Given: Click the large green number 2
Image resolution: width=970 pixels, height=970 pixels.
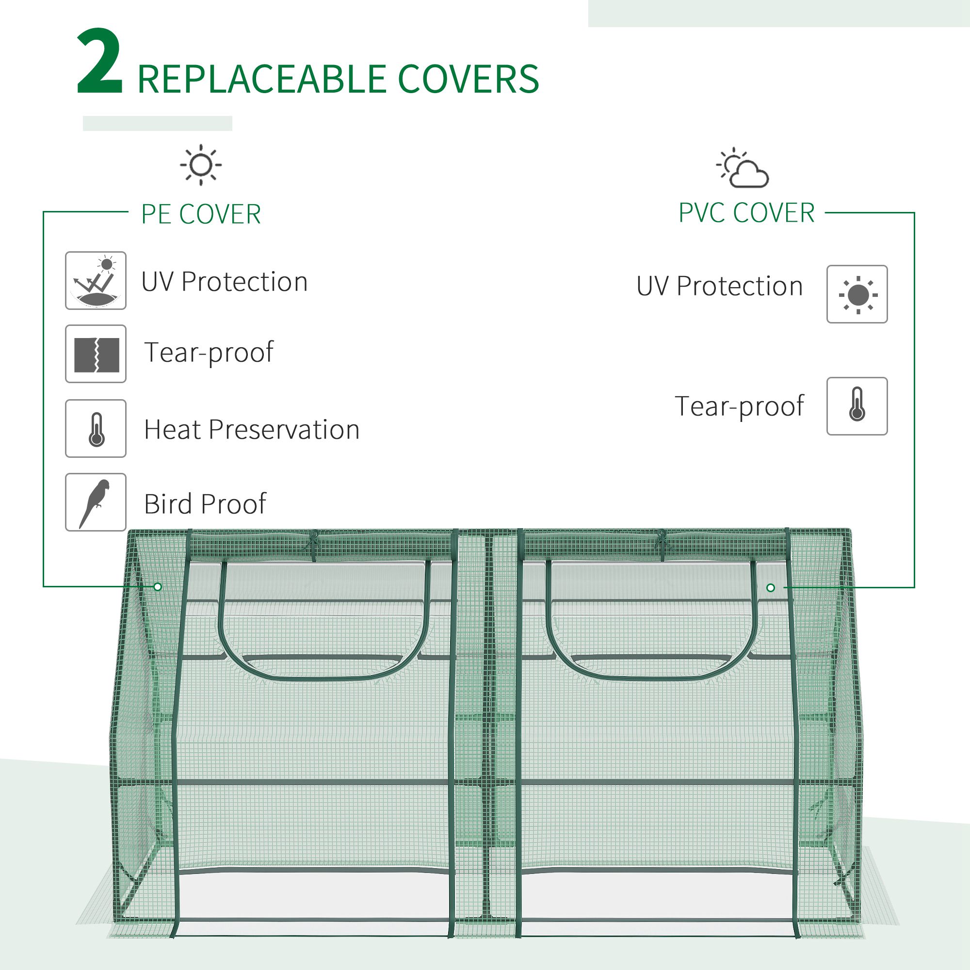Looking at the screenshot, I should pyautogui.click(x=99, y=62).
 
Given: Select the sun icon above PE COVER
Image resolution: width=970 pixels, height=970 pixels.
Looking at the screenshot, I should pyautogui.click(x=201, y=165).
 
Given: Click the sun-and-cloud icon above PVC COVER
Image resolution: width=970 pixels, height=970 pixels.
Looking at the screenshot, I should pyautogui.click(x=744, y=169).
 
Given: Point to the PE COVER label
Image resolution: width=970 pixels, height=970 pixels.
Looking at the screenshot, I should pyautogui.click(x=201, y=214).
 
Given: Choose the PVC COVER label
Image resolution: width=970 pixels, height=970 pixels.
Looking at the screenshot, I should pyautogui.click(x=746, y=213).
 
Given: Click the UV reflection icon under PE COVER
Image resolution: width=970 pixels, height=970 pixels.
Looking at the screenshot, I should pyautogui.click(x=96, y=281).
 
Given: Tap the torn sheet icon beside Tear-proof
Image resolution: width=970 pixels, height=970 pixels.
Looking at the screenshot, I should pyautogui.click(x=96, y=354).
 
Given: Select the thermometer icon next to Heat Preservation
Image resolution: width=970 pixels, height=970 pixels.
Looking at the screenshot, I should pyautogui.click(x=96, y=428).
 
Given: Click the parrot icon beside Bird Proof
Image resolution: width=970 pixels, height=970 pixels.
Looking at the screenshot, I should pyautogui.click(x=96, y=501).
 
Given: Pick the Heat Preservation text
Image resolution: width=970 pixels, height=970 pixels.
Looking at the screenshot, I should pyautogui.click(x=252, y=430).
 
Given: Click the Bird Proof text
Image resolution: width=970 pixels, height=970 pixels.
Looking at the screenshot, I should pyautogui.click(x=205, y=503).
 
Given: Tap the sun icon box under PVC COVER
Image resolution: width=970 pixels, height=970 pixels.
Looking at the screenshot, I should pyautogui.click(x=857, y=294).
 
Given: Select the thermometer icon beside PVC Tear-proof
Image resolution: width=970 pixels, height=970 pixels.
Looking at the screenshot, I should pyautogui.click(x=857, y=406).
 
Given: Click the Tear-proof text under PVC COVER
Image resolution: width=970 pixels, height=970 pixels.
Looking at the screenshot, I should pyautogui.click(x=739, y=406).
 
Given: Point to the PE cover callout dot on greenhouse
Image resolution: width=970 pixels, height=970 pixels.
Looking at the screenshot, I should pyautogui.click(x=158, y=586).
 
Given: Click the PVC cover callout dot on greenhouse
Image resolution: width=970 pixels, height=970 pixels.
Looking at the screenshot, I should pyautogui.click(x=771, y=587).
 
